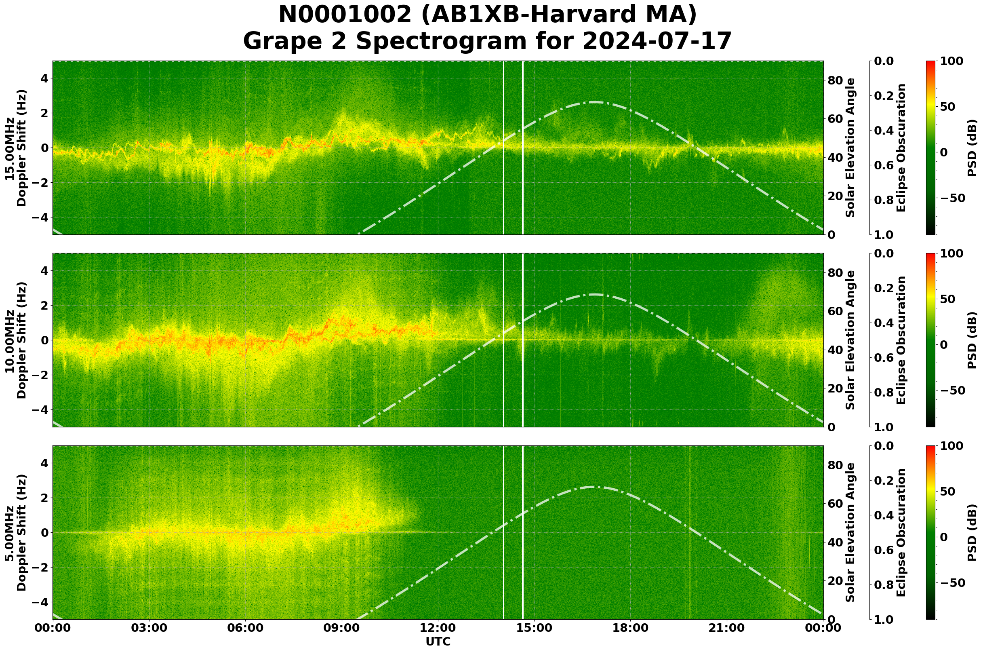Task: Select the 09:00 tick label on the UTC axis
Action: [x=342, y=628]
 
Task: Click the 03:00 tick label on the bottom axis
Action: [x=149, y=628]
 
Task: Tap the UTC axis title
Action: [x=438, y=641]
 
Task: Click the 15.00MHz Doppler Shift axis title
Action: [x=16, y=148]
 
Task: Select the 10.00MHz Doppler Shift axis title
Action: [x=16, y=340]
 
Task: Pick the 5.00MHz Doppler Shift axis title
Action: [x=16, y=533]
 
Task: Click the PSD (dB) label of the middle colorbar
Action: [x=972, y=340]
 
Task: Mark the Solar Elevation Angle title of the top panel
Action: [x=850, y=148]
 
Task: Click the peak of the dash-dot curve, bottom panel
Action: [x=594, y=487]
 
